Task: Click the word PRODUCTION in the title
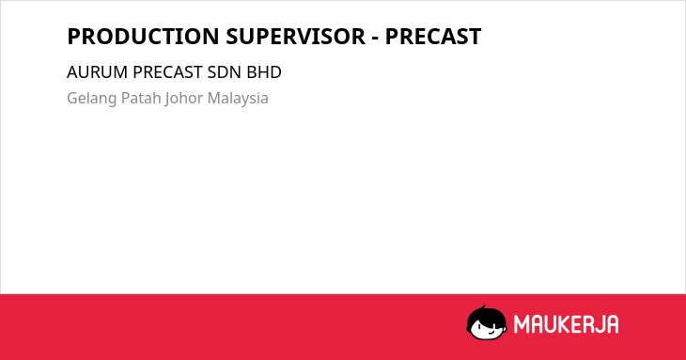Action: coord(143,37)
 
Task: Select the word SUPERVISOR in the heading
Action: coord(295,37)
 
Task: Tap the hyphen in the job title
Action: coord(375,39)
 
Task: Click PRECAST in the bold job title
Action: coord(433,37)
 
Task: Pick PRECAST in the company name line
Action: coord(167,72)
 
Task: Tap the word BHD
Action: coord(264,72)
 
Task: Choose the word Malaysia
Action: coord(238,99)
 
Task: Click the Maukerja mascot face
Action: coord(487,322)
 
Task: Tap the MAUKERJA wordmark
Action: coord(566,324)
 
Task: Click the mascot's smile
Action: coord(491,333)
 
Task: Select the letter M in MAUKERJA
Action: coord(522,324)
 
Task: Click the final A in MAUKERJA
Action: coord(612,324)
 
